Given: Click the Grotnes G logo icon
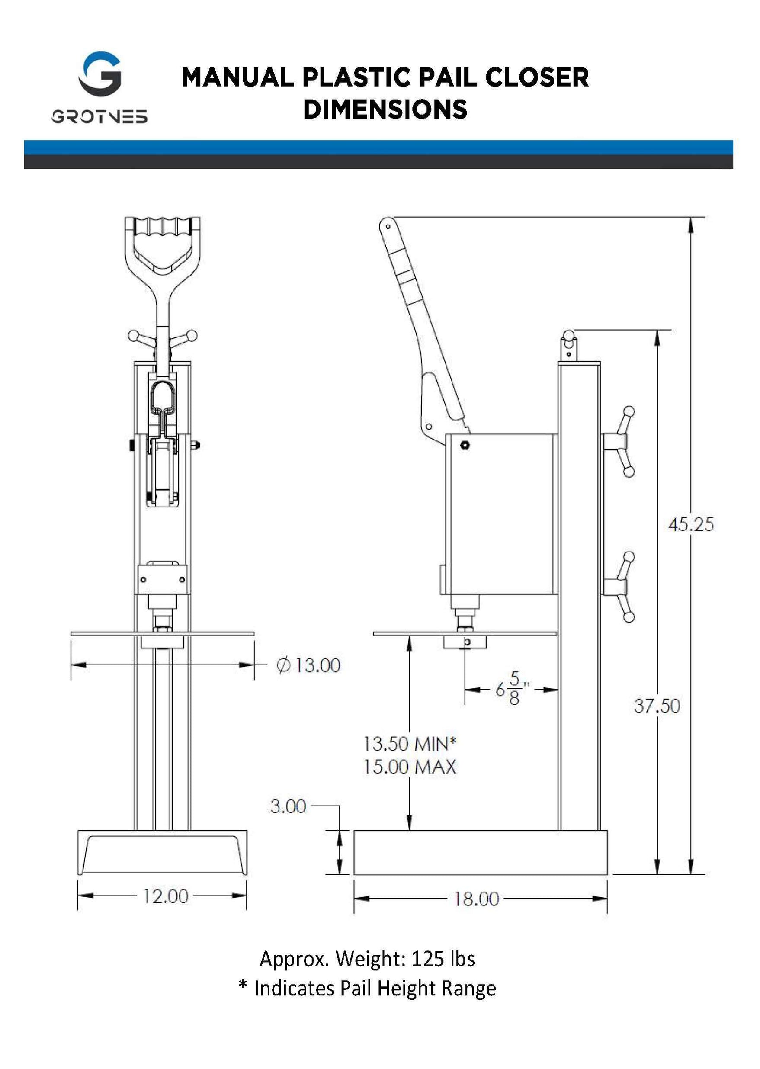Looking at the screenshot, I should click(x=99, y=74).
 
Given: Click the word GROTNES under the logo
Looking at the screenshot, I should click(x=99, y=116).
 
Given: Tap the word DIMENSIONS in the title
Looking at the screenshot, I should click(x=385, y=109).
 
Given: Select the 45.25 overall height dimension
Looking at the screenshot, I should click(x=691, y=525).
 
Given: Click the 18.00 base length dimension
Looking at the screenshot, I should click(x=476, y=899).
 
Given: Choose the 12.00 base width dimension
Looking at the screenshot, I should click(x=165, y=896).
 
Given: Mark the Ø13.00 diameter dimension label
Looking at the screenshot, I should click(x=309, y=665).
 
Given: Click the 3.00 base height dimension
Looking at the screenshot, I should click(x=288, y=806).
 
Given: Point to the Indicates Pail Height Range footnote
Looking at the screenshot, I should click(x=375, y=988).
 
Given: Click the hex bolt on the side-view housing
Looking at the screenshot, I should click(x=465, y=445).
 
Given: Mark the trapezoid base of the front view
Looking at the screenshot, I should click(x=162, y=853).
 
